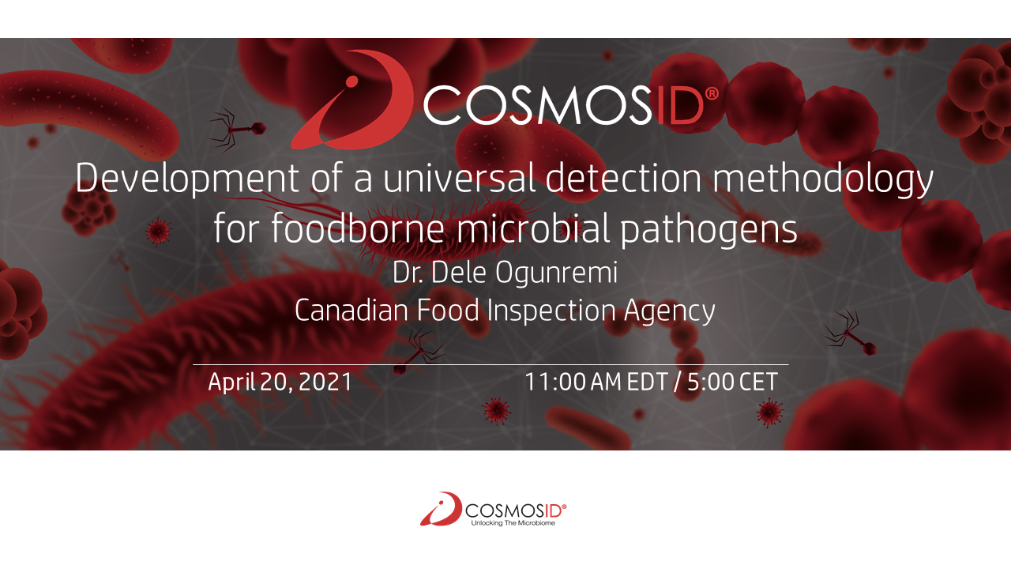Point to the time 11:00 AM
[573, 382]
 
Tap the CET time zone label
[758, 382]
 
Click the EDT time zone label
[648, 382]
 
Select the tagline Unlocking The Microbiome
[513, 522]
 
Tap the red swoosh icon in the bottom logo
[441, 509]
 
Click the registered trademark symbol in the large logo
[712, 93]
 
